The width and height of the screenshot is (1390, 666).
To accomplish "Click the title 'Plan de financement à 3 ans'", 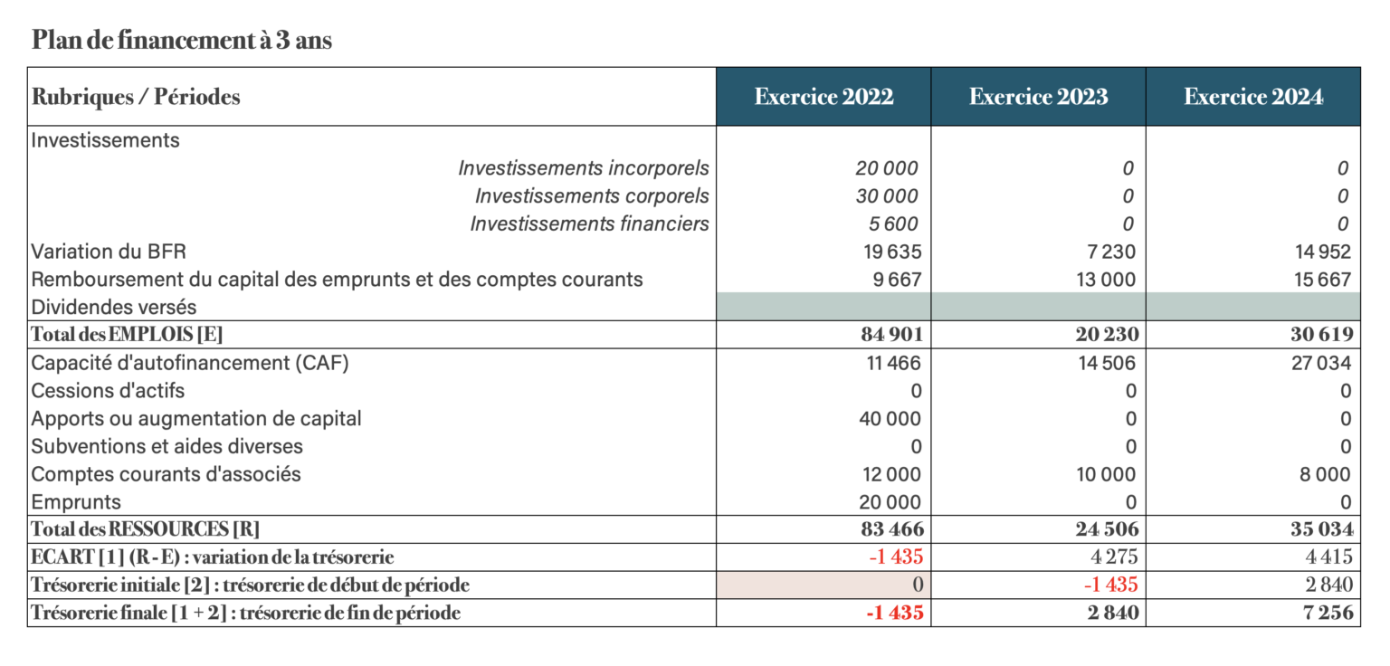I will pos(182,41).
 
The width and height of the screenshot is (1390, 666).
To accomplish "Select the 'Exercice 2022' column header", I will pos(824,97).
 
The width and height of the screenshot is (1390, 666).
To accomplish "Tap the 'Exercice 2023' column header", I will pos(1038,97).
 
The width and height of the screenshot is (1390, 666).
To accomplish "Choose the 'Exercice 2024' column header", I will pos(1253,97).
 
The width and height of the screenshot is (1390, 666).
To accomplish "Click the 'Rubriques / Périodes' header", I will pos(136,97).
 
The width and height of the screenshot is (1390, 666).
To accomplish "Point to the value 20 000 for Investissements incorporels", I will pos(886,168).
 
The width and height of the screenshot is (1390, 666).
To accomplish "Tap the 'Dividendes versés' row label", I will pos(113,308).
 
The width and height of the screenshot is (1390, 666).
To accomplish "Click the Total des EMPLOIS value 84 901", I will pos(891,335).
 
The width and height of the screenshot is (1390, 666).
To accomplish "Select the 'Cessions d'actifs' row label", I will pos(108,391).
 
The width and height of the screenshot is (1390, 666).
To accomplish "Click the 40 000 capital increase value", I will pos(890,419).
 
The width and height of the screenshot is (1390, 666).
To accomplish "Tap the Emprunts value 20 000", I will pos(890,502).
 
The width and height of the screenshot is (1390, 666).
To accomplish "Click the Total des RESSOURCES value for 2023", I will pos(1107,529).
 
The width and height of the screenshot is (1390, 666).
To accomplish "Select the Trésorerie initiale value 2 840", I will pos(1328,585).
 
